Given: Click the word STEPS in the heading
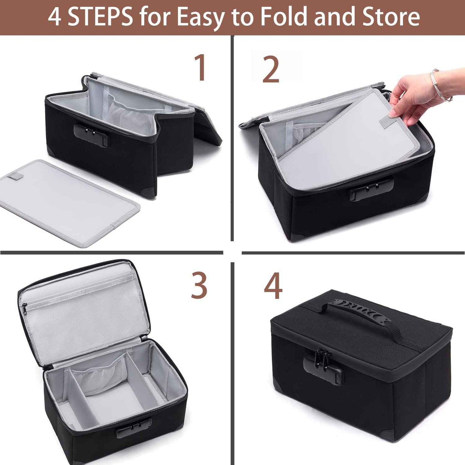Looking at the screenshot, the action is (100, 17).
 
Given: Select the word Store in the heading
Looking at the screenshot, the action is (391, 17).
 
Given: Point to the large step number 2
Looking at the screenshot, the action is (271, 69).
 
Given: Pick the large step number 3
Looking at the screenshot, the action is (199, 285).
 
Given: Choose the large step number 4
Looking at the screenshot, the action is (273, 285).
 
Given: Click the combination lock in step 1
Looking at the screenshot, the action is (92, 135).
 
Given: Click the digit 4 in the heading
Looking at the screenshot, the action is (54, 17).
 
